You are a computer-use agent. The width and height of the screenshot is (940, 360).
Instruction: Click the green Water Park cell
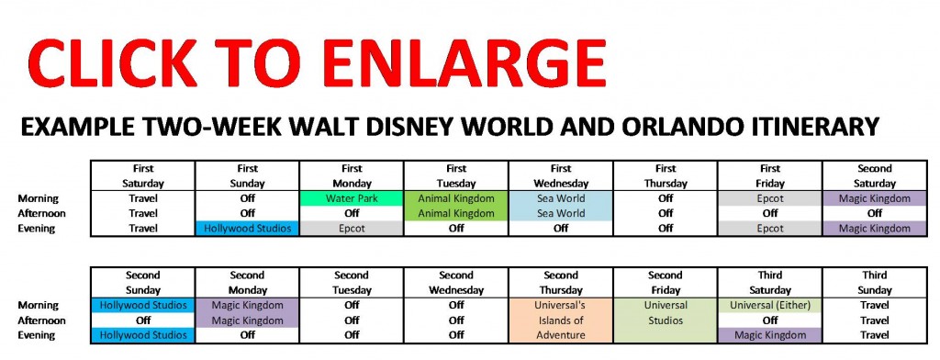(x=352, y=197)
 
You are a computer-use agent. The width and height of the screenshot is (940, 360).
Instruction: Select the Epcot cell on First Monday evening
(x=352, y=229)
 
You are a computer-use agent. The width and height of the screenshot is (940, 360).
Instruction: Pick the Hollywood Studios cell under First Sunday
(x=247, y=229)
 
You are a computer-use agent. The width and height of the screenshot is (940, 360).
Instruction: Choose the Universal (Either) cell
(x=770, y=305)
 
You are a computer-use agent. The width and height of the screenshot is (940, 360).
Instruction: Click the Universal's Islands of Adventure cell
(x=561, y=320)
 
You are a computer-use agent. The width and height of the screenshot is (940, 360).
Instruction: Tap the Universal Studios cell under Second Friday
(x=666, y=312)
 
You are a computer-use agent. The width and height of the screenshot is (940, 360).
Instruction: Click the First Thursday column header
(x=666, y=175)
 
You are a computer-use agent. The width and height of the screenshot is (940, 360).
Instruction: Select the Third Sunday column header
(x=875, y=281)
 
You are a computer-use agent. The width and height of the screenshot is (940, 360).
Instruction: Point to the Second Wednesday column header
(x=456, y=281)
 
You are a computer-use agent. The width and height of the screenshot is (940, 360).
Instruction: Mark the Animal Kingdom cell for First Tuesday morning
(x=456, y=197)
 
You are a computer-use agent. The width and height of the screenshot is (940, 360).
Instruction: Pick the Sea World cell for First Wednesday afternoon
(x=561, y=213)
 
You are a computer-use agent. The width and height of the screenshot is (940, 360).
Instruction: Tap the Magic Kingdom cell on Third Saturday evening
(x=770, y=335)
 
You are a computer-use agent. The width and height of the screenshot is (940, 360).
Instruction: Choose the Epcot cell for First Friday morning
(x=770, y=197)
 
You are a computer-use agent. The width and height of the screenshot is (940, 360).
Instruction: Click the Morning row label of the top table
(x=39, y=197)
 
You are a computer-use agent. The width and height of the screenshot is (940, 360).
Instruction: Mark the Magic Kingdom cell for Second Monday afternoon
(x=247, y=321)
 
